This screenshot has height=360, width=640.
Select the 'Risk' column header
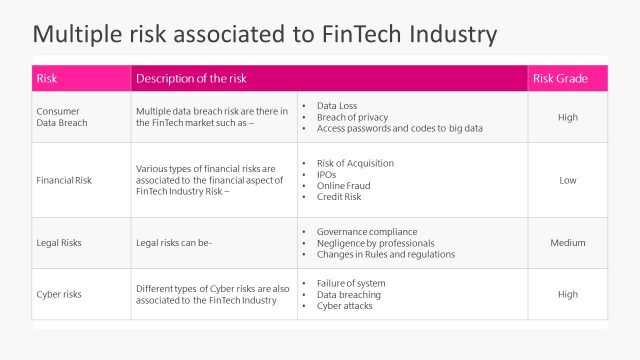(x=47, y=79)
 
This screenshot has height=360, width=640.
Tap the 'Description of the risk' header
(x=191, y=79)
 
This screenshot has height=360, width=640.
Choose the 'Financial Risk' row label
(x=65, y=181)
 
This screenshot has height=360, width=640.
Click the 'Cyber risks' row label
(x=59, y=294)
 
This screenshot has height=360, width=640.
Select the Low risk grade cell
(x=567, y=181)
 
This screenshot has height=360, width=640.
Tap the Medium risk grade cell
(x=567, y=243)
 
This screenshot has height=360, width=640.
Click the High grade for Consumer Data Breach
(x=567, y=117)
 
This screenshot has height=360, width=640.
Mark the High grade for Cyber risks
(x=567, y=294)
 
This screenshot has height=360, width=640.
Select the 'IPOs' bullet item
(x=328, y=175)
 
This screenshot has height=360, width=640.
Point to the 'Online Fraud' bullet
(x=344, y=186)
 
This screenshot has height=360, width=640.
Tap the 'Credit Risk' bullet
(x=340, y=198)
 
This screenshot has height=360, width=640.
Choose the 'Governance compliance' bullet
(x=368, y=231)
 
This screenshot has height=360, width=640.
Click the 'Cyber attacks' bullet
(x=345, y=306)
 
